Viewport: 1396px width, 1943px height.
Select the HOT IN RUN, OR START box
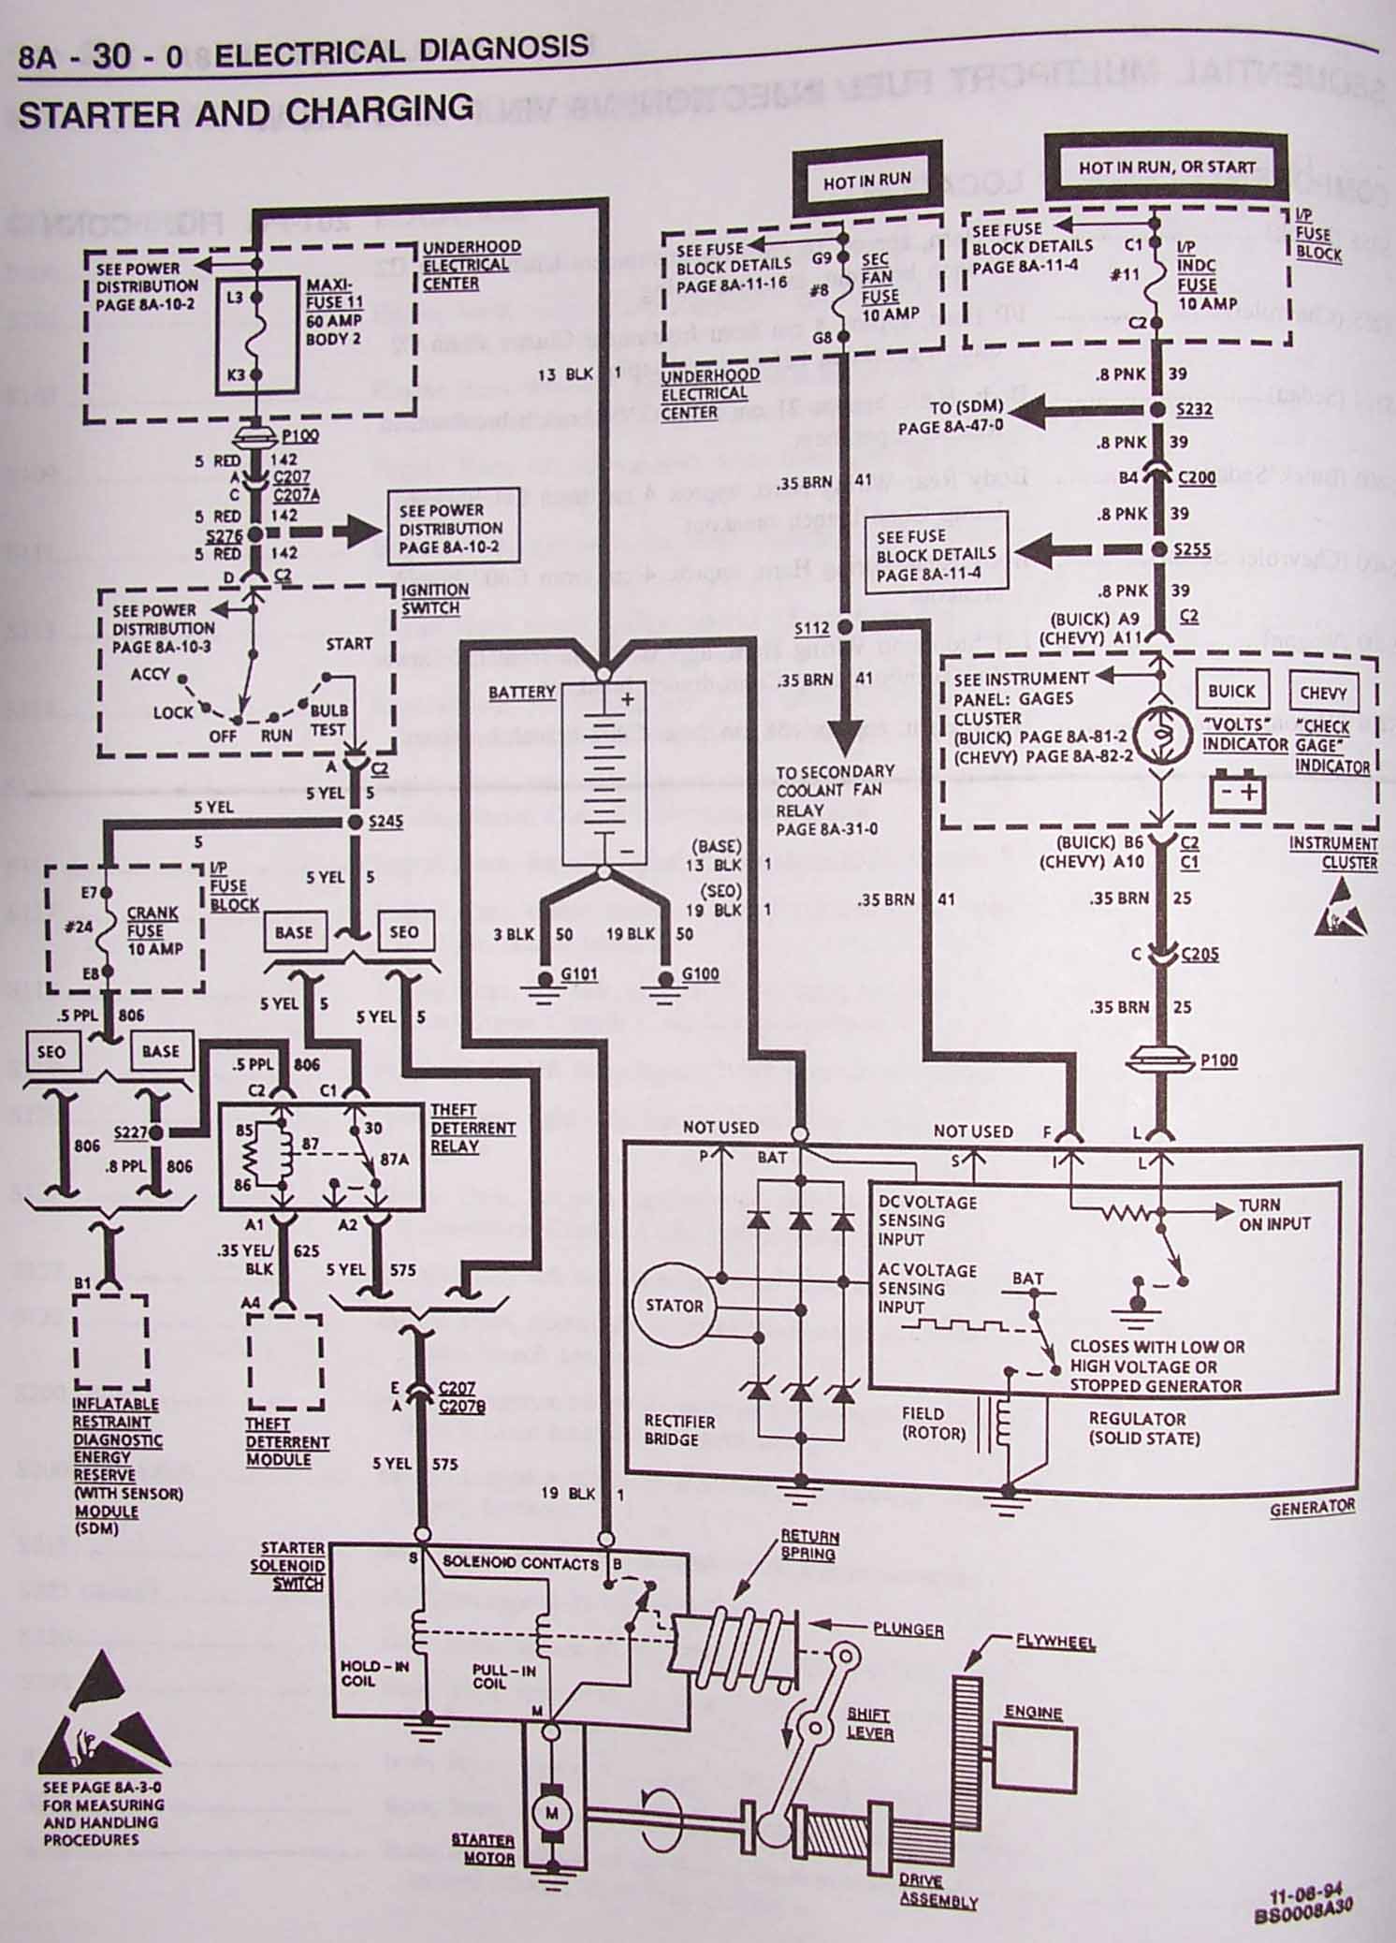(x=1167, y=168)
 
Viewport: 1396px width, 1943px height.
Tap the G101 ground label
(x=578, y=974)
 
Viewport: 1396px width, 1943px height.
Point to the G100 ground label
(x=700, y=974)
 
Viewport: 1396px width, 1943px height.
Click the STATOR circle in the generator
(x=674, y=1306)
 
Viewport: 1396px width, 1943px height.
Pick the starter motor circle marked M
(x=551, y=1813)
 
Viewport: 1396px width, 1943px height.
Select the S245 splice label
(x=385, y=821)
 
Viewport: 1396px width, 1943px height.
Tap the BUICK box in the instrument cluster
(x=1231, y=691)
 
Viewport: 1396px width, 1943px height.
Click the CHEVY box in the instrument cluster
(x=1323, y=694)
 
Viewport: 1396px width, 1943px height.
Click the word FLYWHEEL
(x=1055, y=1642)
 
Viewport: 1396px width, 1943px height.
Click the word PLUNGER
(x=908, y=1629)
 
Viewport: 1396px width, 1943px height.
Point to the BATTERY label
(x=522, y=692)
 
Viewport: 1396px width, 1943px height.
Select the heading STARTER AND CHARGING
(x=245, y=112)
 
